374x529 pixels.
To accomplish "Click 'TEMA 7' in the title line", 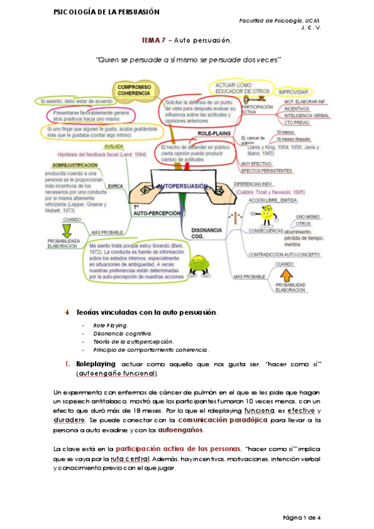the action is (x=152, y=41).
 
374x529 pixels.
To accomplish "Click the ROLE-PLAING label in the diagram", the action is (x=214, y=133).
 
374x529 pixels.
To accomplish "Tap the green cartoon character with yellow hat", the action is (x=199, y=266).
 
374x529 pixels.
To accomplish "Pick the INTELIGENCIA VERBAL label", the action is (x=306, y=115).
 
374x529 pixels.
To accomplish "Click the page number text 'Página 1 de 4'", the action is (x=302, y=517).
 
